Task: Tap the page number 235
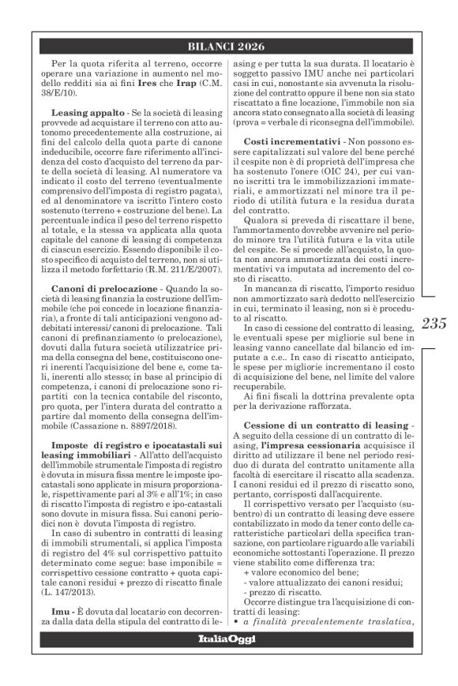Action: pyautogui.click(x=435, y=323)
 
